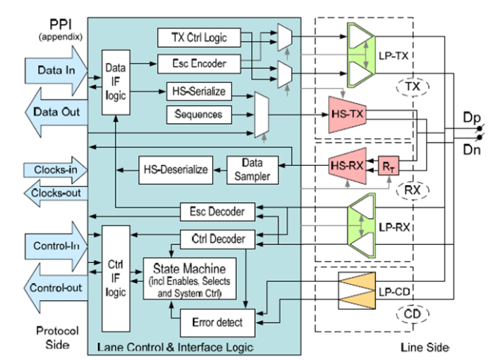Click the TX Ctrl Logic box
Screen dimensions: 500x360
[x=199, y=37]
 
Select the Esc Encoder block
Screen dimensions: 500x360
[x=199, y=63]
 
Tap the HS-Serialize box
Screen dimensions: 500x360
[x=199, y=91]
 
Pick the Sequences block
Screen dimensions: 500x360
[x=199, y=114]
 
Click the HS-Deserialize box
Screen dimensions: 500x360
[x=176, y=170]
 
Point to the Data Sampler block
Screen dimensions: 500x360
[x=252, y=170]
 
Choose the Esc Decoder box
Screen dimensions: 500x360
[x=217, y=211]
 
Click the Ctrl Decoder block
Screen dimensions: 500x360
[x=217, y=239]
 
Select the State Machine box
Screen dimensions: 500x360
[x=190, y=279]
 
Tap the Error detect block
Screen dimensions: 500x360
[x=217, y=323]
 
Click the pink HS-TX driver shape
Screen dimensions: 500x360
[x=348, y=114]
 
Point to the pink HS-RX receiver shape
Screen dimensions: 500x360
[x=348, y=166]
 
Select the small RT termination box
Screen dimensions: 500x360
[x=389, y=166]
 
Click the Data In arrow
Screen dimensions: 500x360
[x=56, y=71]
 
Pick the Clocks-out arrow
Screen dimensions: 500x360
[x=55, y=193]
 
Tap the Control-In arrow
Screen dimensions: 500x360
[x=56, y=246]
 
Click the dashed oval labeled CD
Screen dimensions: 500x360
[x=413, y=314]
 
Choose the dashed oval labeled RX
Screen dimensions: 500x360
[x=413, y=190]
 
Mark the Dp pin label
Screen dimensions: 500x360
[x=472, y=117]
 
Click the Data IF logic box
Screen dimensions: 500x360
[x=116, y=82]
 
